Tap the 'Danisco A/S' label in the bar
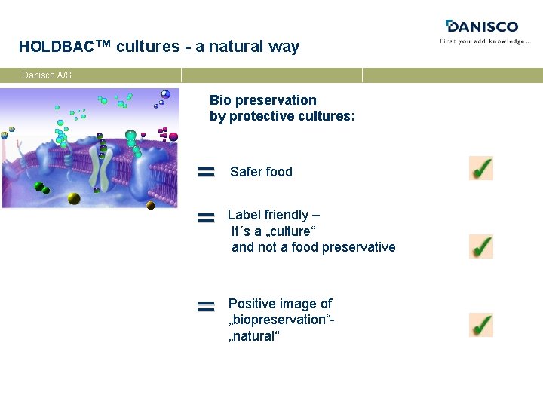[x=47, y=75]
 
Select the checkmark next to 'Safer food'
[x=480, y=168]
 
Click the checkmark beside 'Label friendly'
[x=480, y=246]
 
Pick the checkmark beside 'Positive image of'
[x=480, y=325]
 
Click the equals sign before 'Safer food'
[x=206, y=173]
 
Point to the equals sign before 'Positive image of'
[x=206, y=307]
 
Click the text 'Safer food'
[x=261, y=172]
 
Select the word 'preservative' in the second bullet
[x=358, y=247]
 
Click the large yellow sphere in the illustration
[x=73, y=198]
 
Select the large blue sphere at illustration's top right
[x=165, y=94]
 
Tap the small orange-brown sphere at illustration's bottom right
[x=150, y=205]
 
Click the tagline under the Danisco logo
[x=484, y=41]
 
